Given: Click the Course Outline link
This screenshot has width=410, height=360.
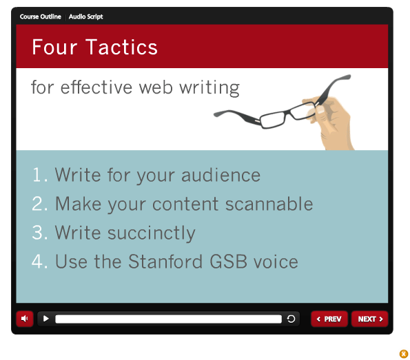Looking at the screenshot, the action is point(40,17).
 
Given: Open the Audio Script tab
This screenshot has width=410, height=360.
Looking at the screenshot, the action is point(85,17).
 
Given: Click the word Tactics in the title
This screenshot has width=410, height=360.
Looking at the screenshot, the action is point(121,47).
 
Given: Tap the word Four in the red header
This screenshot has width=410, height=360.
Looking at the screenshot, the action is point(54,47).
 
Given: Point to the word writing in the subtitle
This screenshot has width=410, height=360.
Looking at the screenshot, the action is point(209,87).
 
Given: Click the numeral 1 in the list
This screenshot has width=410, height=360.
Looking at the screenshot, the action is point(37,175).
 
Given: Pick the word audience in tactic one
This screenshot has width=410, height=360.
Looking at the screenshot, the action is point(221,175).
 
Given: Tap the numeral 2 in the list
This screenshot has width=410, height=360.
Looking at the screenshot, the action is point(37,203).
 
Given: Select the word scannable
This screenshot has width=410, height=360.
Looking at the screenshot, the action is point(269,204).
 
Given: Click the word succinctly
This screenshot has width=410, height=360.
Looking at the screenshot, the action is point(152,233).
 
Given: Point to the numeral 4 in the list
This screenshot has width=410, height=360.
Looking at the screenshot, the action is point(37,262).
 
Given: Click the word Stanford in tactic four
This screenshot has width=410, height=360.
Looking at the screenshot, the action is point(165,262).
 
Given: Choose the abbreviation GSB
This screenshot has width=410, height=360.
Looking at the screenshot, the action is point(229,262).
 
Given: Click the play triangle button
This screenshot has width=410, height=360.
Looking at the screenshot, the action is point(46,319).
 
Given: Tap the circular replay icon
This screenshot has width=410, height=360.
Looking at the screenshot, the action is point(291,319).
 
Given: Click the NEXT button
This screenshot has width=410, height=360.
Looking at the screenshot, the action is point(370,319).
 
